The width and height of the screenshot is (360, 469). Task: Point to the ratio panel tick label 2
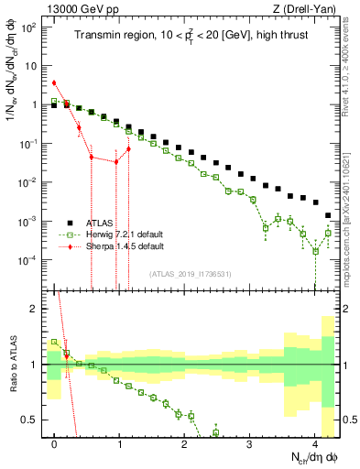[35, 309]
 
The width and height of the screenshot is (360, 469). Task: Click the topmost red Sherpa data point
[54, 82]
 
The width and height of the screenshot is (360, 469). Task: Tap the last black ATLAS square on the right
[328, 215]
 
